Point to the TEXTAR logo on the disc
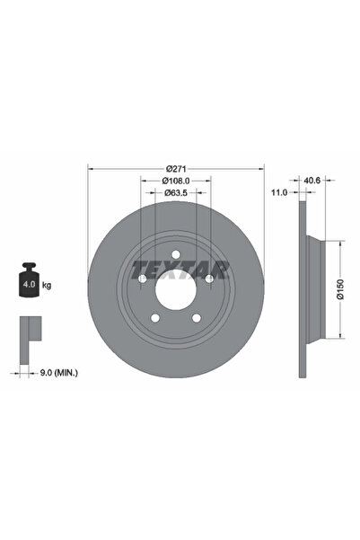180,267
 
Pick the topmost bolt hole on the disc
176,256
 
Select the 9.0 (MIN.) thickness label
58,368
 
